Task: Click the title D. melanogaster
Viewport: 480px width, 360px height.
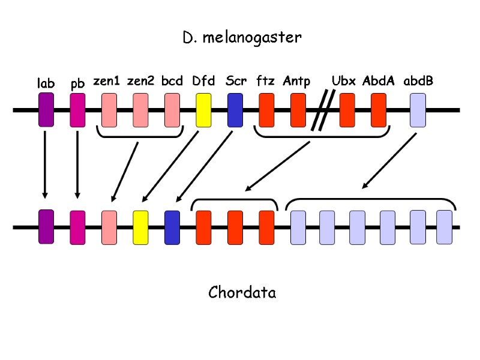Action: point(242,38)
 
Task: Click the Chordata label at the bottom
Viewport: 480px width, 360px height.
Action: point(242,293)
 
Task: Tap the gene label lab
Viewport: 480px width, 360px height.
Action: point(46,83)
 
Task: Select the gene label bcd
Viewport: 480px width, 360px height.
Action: point(172,81)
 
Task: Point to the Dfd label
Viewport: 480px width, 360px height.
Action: point(203,81)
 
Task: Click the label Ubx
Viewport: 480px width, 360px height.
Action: point(344,81)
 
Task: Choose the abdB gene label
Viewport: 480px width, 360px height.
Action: point(418,81)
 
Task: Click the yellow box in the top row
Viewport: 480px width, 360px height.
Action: point(203,110)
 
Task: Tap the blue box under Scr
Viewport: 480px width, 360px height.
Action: point(235,110)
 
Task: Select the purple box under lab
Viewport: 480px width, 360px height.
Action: point(46,110)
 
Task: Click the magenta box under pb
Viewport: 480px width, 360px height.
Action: point(77,110)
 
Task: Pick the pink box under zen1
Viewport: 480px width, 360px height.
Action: point(109,110)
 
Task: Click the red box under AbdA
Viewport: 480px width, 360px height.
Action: point(378,110)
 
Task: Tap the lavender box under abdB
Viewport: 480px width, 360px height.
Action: point(418,110)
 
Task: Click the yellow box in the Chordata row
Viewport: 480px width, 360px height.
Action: point(140,227)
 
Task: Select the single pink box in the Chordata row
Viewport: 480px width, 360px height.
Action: point(109,227)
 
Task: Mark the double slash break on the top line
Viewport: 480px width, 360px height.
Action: point(322,110)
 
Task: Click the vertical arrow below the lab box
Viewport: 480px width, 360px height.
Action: point(45,164)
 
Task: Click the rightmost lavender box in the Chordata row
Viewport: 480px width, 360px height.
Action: point(444,227)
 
